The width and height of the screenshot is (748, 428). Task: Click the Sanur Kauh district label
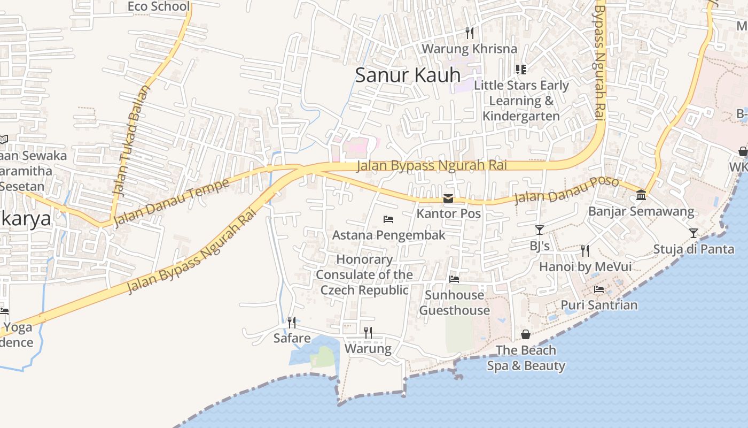(x=408, y=75)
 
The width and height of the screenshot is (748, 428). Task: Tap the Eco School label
(x=159, y=6)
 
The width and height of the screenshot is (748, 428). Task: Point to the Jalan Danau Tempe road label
(x=172, y=202)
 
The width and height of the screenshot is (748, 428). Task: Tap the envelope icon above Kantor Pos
(x=448, y=198)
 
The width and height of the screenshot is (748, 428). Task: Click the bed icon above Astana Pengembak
(x=388, y=219)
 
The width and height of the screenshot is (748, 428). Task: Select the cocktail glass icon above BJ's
(x=539, y=230)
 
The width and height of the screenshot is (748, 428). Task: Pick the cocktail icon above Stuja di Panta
(x=693, y=233)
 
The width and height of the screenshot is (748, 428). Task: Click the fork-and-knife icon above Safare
(x=292, y=322)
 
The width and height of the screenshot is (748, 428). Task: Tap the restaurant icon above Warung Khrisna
(x=469, y=33)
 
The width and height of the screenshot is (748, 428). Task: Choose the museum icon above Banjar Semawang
(x=641, y=195)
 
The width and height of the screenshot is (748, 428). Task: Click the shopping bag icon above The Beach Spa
(x=526, y=334)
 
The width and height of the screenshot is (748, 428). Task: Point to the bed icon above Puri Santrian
(x=599, y=289)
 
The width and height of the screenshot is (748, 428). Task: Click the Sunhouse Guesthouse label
(x=454, y=303)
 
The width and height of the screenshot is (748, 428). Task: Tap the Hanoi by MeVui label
(x=585, y=266)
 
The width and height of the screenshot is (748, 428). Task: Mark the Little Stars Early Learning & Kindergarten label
(x=521, y=101)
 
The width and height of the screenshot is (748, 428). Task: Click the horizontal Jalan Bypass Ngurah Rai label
(x=431, y=166)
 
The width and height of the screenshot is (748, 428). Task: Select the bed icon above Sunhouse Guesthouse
(x=454, y=279)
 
